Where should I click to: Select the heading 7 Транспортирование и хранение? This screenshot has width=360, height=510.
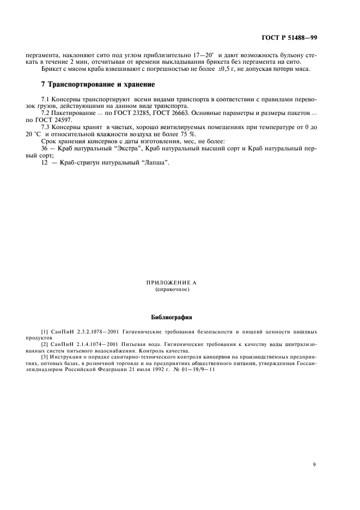(98, 84)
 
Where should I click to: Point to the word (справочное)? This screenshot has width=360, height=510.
(172, 289)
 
